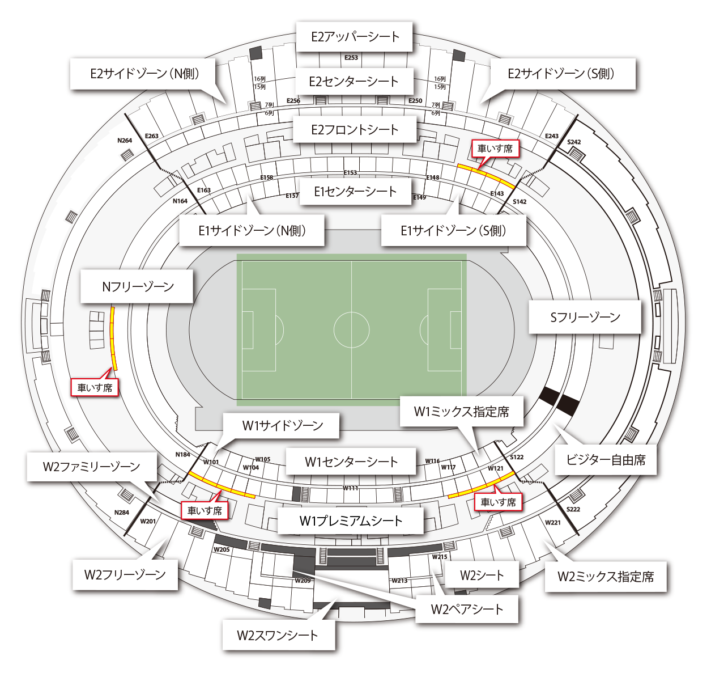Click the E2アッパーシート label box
coord(355,37)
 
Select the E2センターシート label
coord(354,82)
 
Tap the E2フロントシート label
coord(355,130)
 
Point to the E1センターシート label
coord(355,192)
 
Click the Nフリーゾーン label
coord(138,286)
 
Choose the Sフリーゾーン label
coord(585,317)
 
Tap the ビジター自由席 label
coord(606,460)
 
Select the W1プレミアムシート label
coord(351,521)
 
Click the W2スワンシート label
coord(278,635)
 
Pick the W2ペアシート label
coord(467,610)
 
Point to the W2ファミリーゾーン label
coord(91,467)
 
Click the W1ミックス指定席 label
coord(461,412)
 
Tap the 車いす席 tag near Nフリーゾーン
coord(95,388)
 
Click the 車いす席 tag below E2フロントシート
coord(495,149)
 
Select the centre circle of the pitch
coord(352,329)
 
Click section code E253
coord(351,58)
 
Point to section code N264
coord(125,141)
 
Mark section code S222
coord(573,509)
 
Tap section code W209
coord(303,581)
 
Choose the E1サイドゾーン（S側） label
coord(453,230)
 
